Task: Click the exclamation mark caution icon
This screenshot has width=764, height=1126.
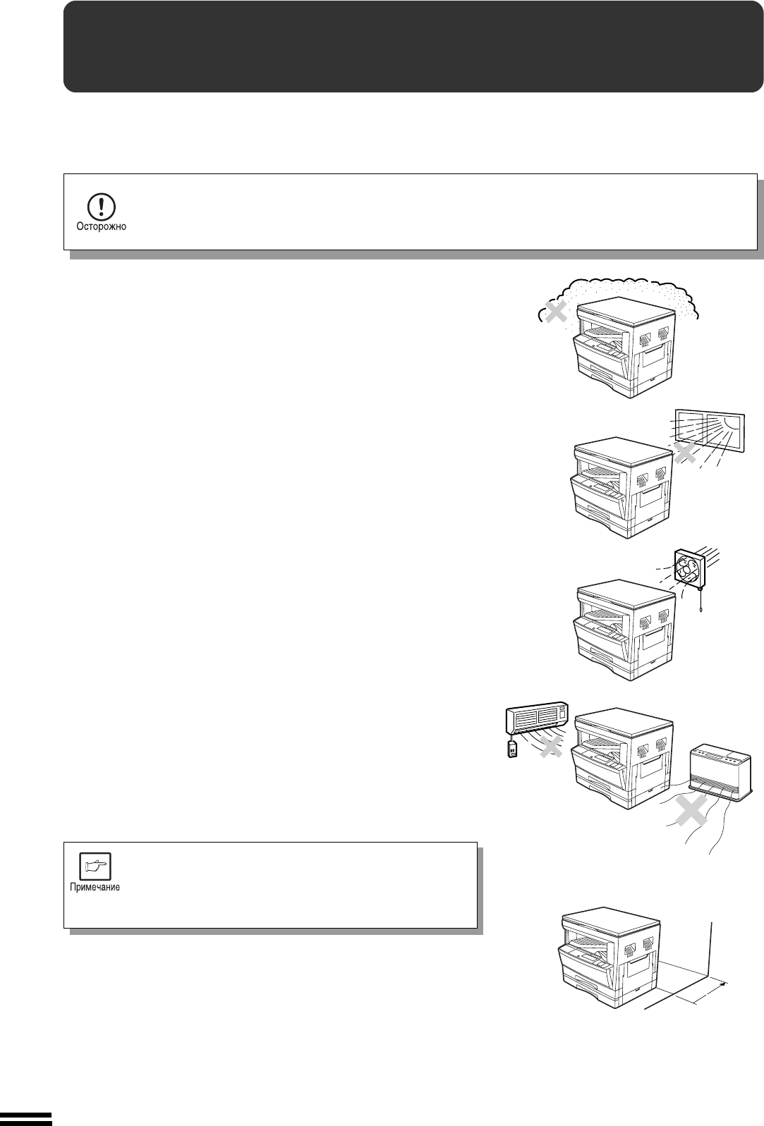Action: click(101, 207)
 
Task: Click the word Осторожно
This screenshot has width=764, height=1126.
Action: click(101, 227)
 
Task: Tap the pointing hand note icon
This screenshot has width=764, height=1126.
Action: click(95, 866)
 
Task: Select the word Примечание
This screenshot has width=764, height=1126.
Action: click(95, 887)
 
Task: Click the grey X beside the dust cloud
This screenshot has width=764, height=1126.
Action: click(556, 312)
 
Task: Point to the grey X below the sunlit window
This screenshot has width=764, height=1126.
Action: click(685, 453)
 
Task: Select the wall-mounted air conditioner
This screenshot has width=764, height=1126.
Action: click(537, 716)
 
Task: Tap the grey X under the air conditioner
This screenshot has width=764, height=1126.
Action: click(551, 747)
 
